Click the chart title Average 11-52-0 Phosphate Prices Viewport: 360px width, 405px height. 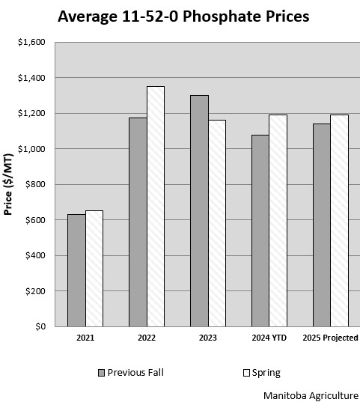pyautogui.click(x=183, y=16)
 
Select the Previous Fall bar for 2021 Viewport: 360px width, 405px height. pyautogui.click(x=76, y=270)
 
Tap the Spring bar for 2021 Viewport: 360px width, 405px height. pyautogui.click(x=94, y=269)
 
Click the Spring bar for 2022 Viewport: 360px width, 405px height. pyautogui.click(x=155, y=207)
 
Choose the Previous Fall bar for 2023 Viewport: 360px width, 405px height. pyautogui.click(x=199, y=211)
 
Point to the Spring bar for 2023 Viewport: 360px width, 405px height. pyautogui.click(x=216, y=223)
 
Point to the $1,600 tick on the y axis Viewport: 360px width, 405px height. pyautogui.click(x=31, y=43)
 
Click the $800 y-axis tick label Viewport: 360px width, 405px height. pyautogui.click(x=34, y=185)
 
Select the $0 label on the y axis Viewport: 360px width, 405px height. pyautogui.click(x=40, y=327)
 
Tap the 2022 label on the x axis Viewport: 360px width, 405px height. pyautogui.click(x=147, y=338)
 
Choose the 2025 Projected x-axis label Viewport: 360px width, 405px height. pyautogui.click(x=329, y=338)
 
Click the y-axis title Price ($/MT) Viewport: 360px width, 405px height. pyautogui.click(x=9, y=185)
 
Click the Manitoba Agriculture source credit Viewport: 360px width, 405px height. pyautogui.click(x=311, y=395)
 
